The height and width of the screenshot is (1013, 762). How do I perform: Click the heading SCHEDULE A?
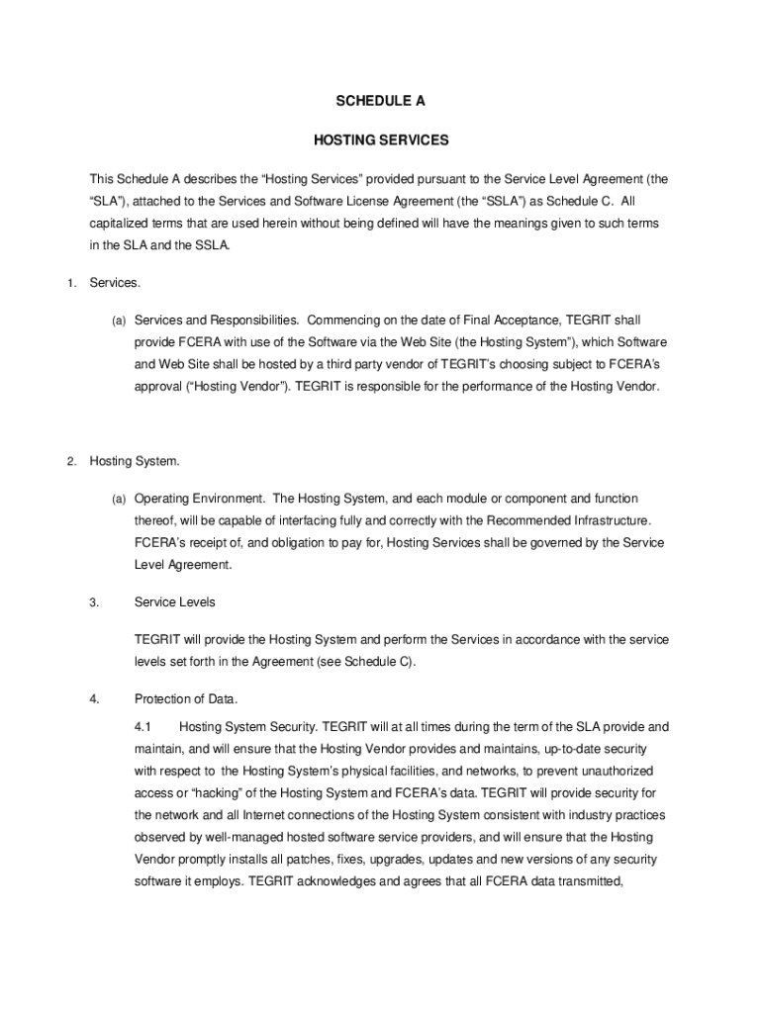pos(381,101)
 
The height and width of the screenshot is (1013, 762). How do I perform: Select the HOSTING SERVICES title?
pos(381,140)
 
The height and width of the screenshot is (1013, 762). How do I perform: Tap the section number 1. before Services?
pos(72,284)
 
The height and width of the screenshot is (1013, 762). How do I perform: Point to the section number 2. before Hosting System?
pos(72,461)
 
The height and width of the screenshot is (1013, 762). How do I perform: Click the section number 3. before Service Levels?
pos(94,601)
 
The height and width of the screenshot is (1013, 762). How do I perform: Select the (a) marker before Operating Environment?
pos(118,499)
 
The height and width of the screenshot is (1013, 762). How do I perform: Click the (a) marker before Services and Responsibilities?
pos(118,321)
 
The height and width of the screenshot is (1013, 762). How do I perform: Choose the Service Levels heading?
pos(175,601)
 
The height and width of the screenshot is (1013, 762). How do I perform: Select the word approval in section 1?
pos(158,386)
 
